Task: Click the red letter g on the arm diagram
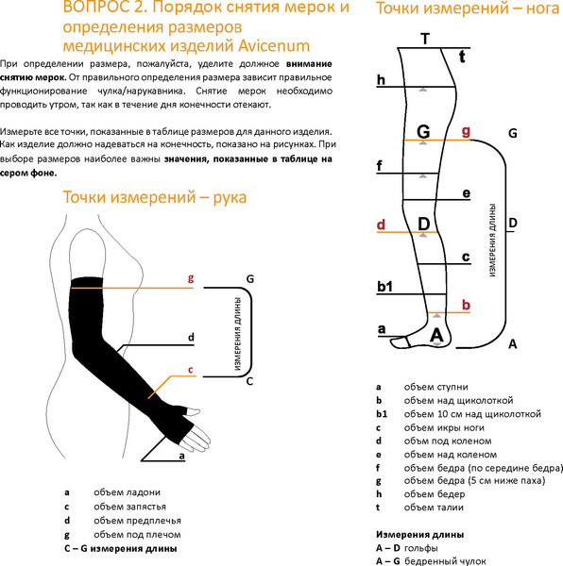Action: (x=191, y=279)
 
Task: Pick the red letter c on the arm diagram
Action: (x=191, y=370)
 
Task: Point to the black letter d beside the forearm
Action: (x=191, y=337)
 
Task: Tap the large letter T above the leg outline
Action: (x=425, y=39)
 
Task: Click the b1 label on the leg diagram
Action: (x=384, y=285)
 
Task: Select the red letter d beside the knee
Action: (x=381, y=225)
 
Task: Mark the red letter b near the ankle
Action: (x=466, y=305)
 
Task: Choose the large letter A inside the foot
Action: (x=436, y=334)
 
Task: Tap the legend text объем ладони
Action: (x=127, y=491)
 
